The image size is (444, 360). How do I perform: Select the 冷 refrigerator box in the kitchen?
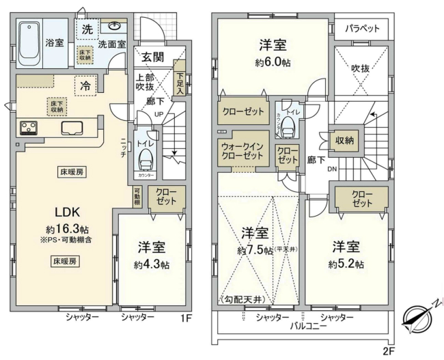(x=85, y=86)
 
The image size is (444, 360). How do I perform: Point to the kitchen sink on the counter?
(x=72, y=128)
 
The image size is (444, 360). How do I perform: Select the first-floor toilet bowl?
(x=145, y=158)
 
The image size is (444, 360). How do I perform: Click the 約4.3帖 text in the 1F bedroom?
(x=152, y=264)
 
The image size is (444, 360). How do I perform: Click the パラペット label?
(x=361, y=29)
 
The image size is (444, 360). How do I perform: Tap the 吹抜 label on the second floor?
(x=360, y=70)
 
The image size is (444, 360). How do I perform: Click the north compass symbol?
(x=417, y=318)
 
